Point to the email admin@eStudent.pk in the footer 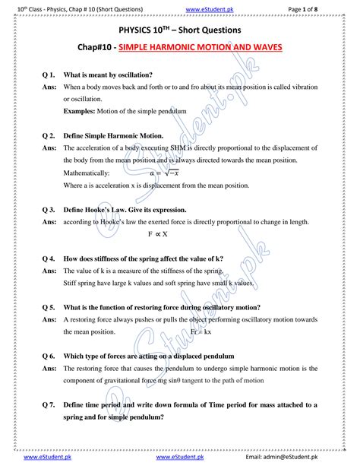[x=305, y=458]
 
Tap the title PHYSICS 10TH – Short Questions [x=180, y=30]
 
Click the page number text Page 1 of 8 [x=327, y=8]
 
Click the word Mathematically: [x=93, y=173]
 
